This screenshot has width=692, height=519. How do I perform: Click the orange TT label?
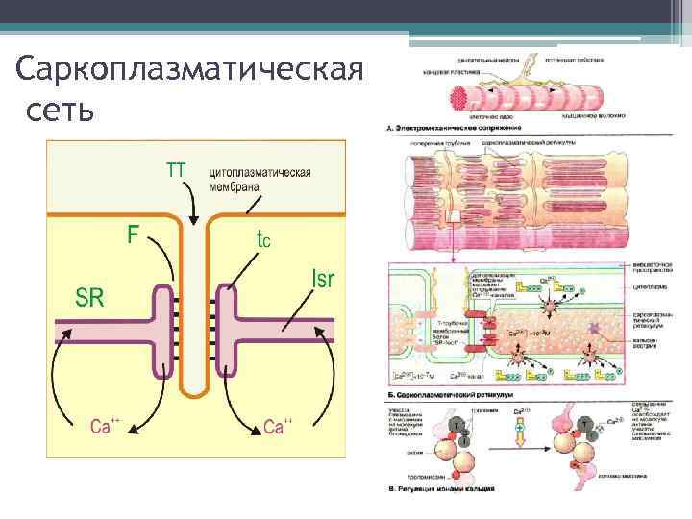pos(176,170)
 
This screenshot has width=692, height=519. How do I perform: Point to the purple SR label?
pos(90,297)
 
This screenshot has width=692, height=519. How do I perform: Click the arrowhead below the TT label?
pos(193,219)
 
